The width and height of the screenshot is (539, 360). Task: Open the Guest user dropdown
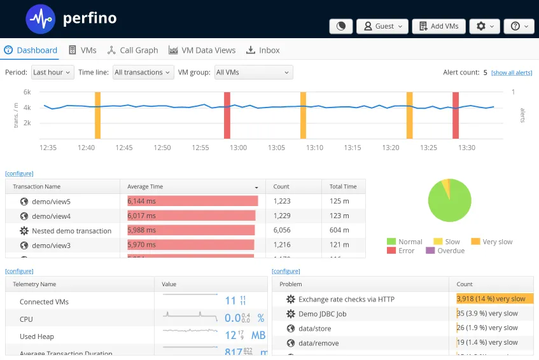pyautogui.click(x=382, y=26)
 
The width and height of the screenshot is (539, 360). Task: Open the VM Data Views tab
pyautogui.click(x=202, y=50)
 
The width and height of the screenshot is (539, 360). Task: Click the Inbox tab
pyautogui.click(x=263, y=50)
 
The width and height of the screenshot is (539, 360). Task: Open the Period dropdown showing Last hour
pyautogui.click(x=52, y=73)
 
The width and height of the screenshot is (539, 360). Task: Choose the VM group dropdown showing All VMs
pyautogui.click(x=253, y=73)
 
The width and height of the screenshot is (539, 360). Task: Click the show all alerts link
pyautogui.click(x=512, y=73)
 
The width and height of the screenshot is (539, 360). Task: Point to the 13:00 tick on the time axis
pyautogui.click(x=238, y=148)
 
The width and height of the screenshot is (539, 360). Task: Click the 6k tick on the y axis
pyautogui.click(x=27, y=92)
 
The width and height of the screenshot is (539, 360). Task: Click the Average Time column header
pyautogui.click(x=145, y=186)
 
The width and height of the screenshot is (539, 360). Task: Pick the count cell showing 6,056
pyautogui.click(x=282, y=230)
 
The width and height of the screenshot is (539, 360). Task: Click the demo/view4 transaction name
pyautogui.click(x=52, y=216)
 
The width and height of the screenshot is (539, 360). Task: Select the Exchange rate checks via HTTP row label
pyautogui.click(x=346, y=299)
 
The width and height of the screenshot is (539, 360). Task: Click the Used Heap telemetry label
pyautogui.click(x=37, y=336)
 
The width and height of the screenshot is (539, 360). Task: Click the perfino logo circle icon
pyautogui.click(x=41, y=18)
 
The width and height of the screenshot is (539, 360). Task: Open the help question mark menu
pyautogui.click(x=519, y=26)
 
